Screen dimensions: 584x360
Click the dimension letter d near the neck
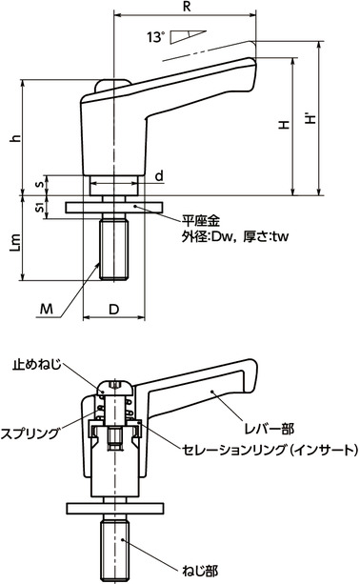[x=157, y=175]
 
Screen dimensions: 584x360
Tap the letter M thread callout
[x=49, y=308]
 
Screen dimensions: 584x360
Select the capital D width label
[x=114, y=309]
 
